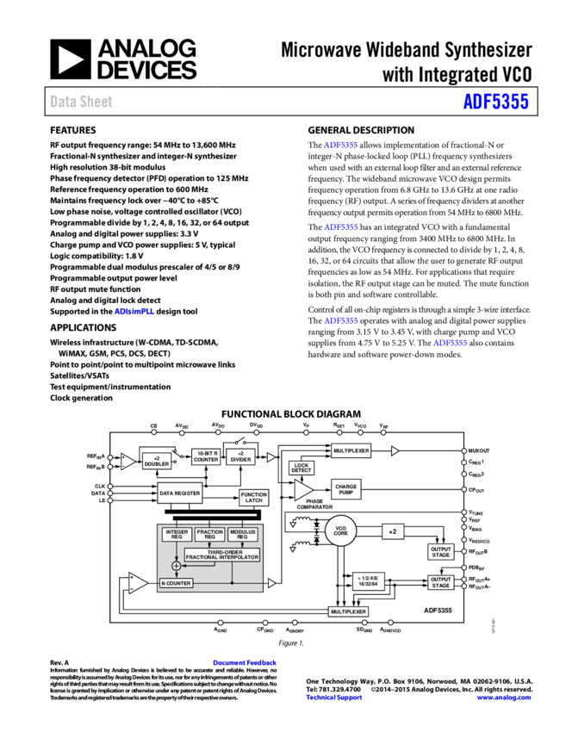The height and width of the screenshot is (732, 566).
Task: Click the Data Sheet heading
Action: [x=81, y=102]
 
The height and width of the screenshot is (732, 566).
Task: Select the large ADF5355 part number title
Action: [x=495, y=102]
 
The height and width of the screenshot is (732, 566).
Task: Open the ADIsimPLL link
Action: [x=134, y=311]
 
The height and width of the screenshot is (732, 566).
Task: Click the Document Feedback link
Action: [x=245, y=662]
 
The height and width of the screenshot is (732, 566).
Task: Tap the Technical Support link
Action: [x=334, y=698]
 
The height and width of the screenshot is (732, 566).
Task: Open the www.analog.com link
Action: [x=504, y=698]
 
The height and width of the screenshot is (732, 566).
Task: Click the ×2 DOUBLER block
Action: [x=157, y=461]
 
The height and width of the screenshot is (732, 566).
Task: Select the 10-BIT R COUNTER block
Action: [x=206, y=456]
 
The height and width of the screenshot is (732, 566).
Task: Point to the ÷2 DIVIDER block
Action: [x=241, y=456]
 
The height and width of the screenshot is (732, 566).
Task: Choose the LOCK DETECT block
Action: [x=302, y=468]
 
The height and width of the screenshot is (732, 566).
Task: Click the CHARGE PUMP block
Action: [x=345, y=489]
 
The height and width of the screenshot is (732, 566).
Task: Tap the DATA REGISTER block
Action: [x=179, y=493]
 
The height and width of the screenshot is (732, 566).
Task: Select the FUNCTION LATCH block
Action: [x=253, y=498]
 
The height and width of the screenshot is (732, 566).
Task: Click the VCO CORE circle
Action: [x=340, y=531]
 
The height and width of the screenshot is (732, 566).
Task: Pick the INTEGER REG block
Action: [x=177, y=535]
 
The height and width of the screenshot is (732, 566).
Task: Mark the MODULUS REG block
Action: [x=243, y=535]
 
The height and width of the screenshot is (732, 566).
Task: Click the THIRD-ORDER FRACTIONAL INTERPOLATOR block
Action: [x=221, y=555]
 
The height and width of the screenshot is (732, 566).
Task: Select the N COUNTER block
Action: [x=176, y=583]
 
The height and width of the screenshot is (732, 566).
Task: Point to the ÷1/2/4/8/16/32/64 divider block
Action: [x=369, y=581]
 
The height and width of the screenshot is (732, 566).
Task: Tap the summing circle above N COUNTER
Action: [x=177, y=566]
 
